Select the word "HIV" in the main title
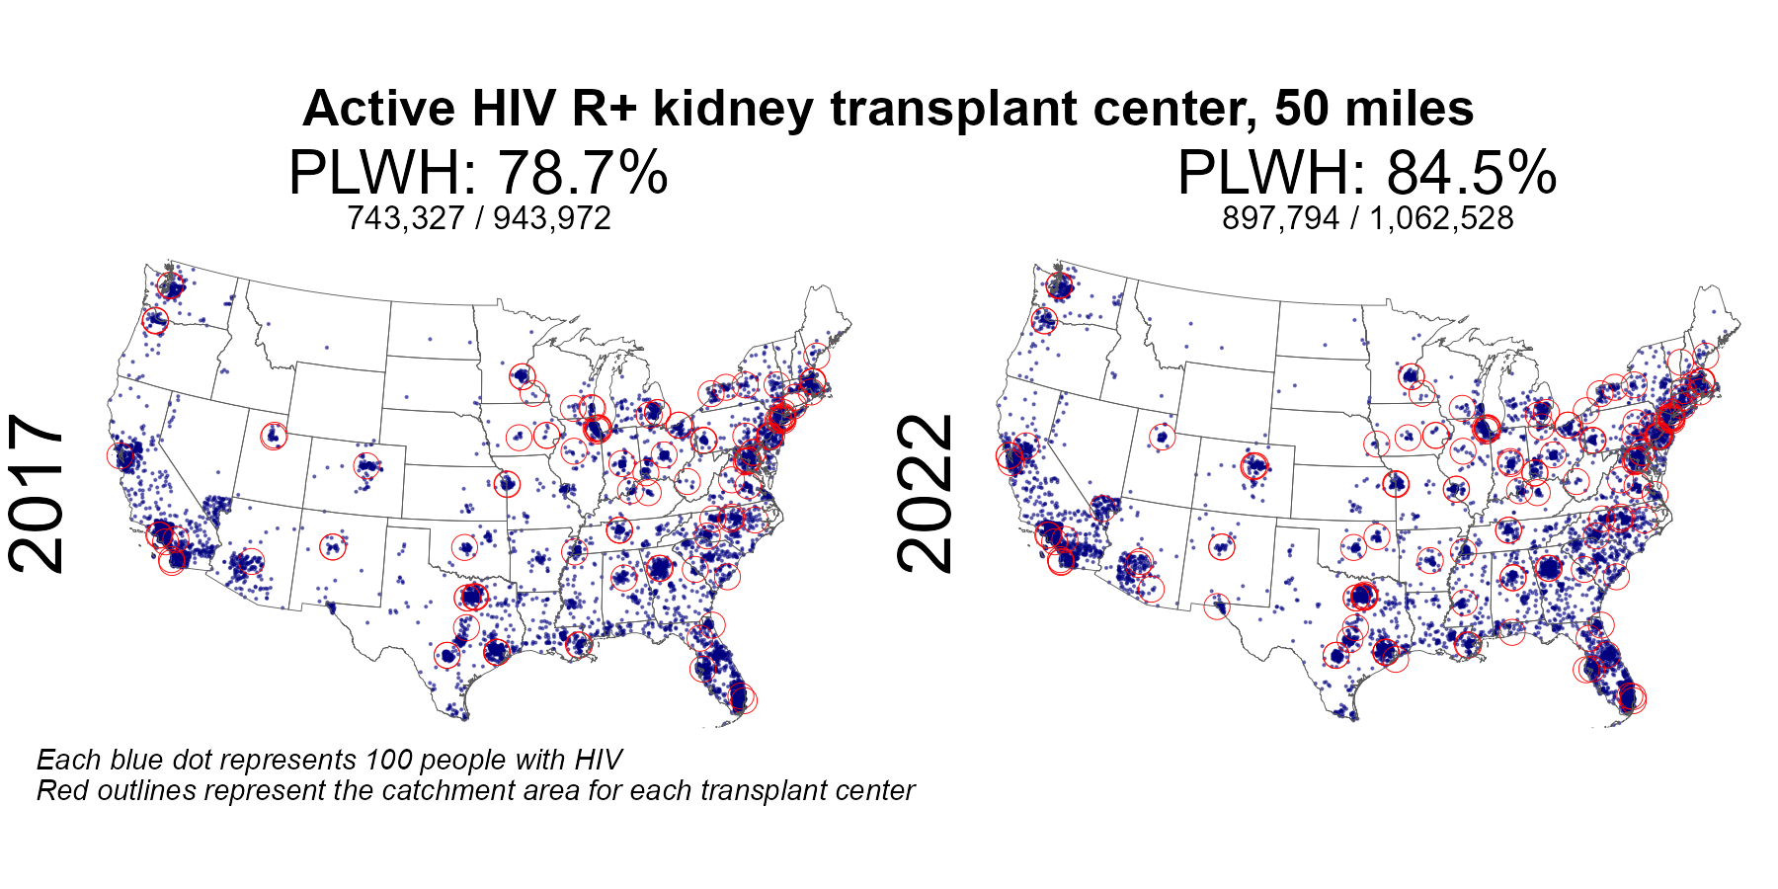click(x=514, y=109)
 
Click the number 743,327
click(x=405, y=218)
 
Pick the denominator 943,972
click(x=552, y=218)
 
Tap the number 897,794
click(x=1280, y=218)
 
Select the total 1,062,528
click(x=1441, y=218)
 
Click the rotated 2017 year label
click(x=37, y=494)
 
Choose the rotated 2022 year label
click(x=926, y=494)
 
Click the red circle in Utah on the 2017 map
click(x=274, y=436)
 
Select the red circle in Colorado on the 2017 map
click(x=367, y=465)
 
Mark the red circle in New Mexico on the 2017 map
click(x=333, y=546)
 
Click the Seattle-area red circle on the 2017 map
click(x=171, y=287)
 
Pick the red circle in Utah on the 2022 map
click(x=1163, y=436)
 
